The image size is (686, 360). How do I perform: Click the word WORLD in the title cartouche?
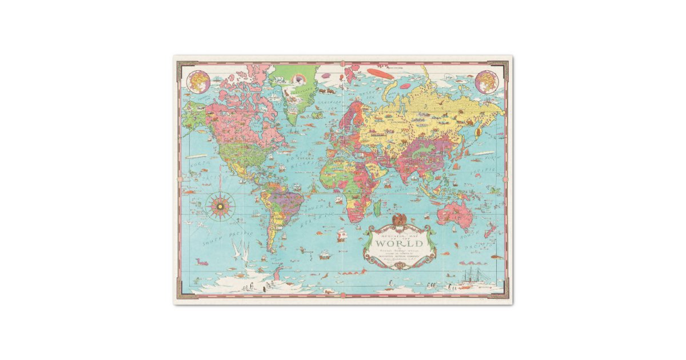pos(397,242)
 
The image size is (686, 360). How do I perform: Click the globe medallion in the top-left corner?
pos(198,81)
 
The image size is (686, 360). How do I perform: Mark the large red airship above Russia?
pos(379,73)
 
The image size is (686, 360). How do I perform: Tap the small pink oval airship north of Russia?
pos(405,87)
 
